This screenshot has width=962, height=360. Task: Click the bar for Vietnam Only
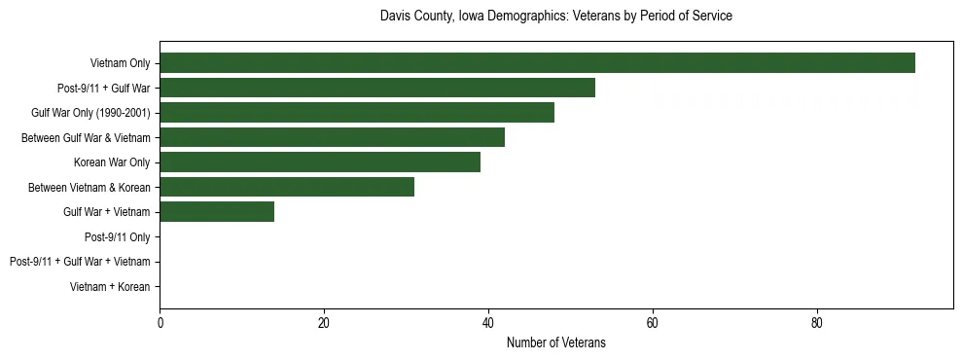[537, 63]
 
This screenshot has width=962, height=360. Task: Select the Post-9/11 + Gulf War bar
[377, 89]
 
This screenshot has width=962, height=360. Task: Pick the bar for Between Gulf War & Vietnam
[332, 137]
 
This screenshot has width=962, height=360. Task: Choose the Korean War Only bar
[320, 162]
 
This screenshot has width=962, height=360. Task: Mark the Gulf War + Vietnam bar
[217, 212]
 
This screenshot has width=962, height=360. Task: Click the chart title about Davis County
[555, 17]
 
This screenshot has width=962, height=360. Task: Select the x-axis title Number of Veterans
[555, 342]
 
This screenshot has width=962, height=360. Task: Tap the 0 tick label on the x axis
[160, 324]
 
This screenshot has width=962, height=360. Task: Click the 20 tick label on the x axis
[324, 324]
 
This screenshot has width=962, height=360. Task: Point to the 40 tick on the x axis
[488, 324]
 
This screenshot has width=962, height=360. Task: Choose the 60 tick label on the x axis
[653, 324]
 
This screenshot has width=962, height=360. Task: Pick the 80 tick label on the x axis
[817, 324]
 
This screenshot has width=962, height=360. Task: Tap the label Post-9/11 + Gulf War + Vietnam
[80, 262]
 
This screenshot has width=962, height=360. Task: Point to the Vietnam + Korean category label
[110, 287]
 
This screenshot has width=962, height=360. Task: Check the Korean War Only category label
[112, 162]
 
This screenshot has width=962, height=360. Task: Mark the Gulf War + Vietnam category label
[106, 212]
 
